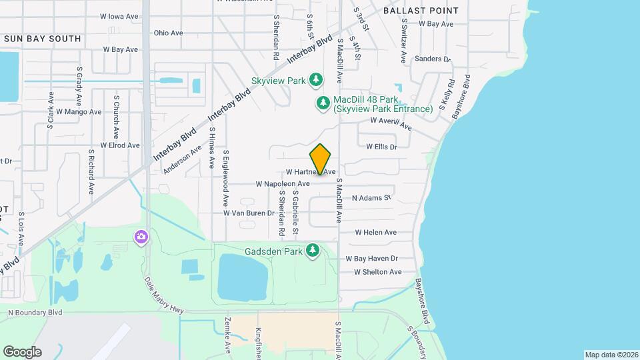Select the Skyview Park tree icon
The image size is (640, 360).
316,81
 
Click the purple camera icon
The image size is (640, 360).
141,237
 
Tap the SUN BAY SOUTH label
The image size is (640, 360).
43,39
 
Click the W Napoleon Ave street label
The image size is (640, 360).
283,183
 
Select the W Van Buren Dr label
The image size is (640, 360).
249,213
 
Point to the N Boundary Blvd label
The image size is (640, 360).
35,312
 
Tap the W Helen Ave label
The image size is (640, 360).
375,233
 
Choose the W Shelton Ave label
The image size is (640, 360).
377,272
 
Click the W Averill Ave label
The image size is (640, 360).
391,124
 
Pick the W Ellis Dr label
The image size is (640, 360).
381,147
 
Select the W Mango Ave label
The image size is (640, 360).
79,112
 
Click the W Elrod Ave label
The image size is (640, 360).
120,145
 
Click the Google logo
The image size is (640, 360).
22,352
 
